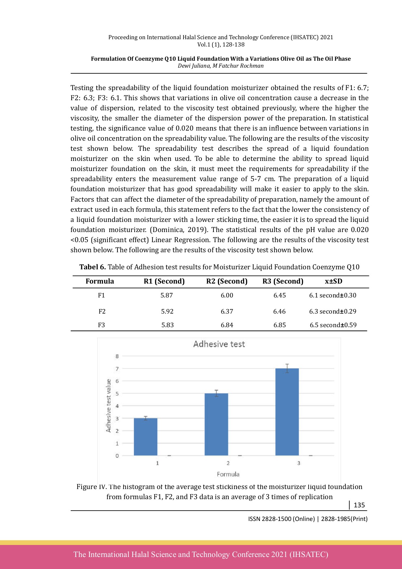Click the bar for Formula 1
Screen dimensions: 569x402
pos(146,437)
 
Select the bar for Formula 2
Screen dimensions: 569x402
pos(216,425)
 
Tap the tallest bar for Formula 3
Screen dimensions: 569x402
pos(287,412)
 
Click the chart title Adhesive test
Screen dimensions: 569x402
pos(219,344)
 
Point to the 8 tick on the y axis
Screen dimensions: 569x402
pos(117,356)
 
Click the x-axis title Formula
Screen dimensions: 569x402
pos(228,474)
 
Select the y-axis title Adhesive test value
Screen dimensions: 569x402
pos(108,406)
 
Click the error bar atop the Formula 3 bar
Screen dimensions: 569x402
pos(287,368)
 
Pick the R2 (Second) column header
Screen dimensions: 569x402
pos(227,281)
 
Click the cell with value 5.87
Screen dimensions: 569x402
pos(166,295)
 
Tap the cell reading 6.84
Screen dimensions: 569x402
pos(227,325)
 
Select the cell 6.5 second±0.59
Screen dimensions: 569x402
pos(333,325)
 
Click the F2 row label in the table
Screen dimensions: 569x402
pos(102,311)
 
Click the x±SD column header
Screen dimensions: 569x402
pos(333,281)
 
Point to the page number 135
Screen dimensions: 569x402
pos(359,505)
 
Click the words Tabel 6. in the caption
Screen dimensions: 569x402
pos(93,267)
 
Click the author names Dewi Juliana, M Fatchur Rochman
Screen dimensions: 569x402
pos(220,66)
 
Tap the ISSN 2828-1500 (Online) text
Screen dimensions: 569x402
pos(281,519)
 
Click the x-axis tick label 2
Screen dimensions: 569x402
pos(228,463)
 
